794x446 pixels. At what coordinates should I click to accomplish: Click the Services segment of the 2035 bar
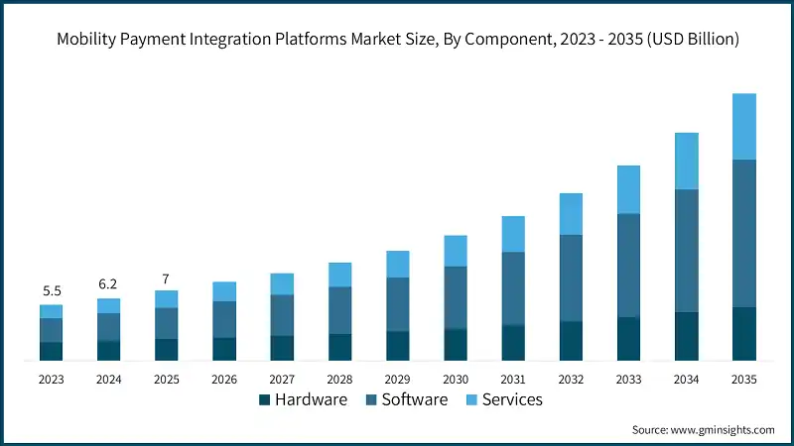coord(744,127)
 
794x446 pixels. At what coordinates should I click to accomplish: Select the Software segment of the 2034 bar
coord(687,251)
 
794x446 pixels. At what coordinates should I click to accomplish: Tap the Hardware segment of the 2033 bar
coord(629,339)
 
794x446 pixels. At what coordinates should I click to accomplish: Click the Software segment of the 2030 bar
coord(456,297)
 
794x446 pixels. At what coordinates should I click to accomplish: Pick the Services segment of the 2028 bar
coord(340,275)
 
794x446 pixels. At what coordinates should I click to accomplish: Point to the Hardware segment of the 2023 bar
coord(52,351)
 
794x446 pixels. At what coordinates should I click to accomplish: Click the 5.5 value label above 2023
coord(52,291)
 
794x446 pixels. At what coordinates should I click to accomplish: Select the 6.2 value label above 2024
coord(109,284)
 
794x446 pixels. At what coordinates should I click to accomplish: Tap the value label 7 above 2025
coord(167,278)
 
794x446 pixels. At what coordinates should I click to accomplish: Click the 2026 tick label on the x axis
coord(224,379)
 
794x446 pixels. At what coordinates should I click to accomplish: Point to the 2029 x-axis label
coord(398,379)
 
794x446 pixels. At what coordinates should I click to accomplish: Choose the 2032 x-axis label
coord(571,379)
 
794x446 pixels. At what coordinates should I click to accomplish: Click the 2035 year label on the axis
coord(744,379)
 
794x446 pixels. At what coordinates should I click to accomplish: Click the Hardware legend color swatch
coord(265,400)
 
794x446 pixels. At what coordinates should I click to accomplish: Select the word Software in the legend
coord(415,400)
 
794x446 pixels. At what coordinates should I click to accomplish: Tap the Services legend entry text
coord(512,400)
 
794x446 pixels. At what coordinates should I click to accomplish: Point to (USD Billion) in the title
coord(688,40)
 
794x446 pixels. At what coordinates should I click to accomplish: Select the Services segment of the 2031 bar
coord(513,234)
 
